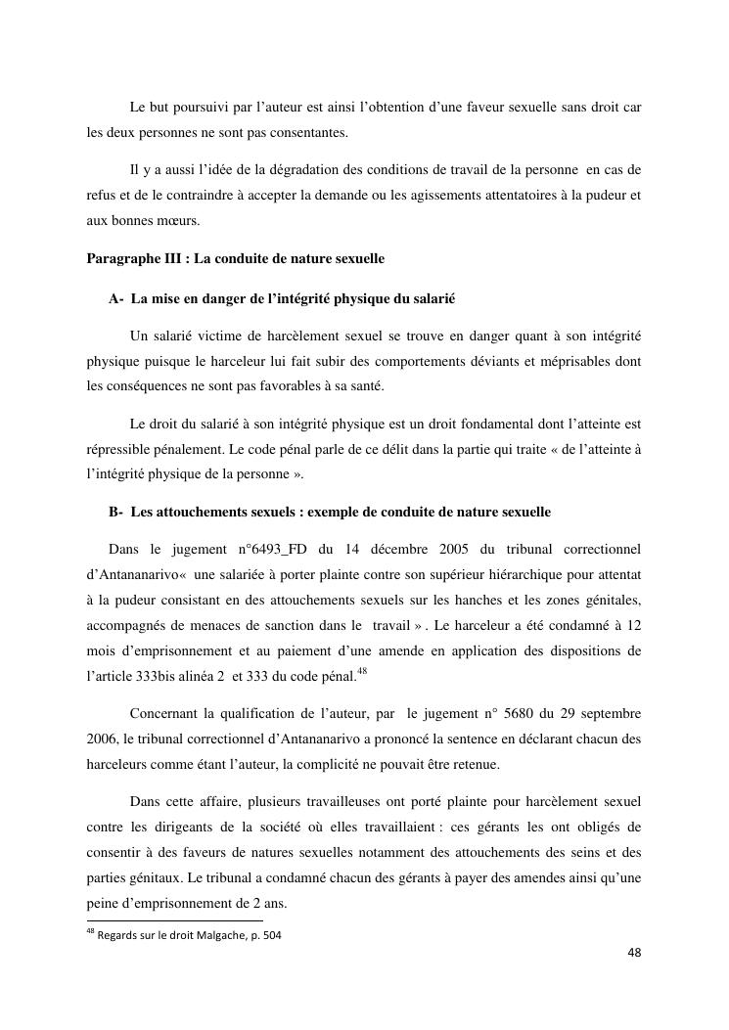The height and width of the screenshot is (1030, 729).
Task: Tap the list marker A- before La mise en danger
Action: point(116,297)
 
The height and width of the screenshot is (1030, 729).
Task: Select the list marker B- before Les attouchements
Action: point(116,512)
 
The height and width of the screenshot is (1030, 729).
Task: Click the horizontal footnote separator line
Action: point(175,919)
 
